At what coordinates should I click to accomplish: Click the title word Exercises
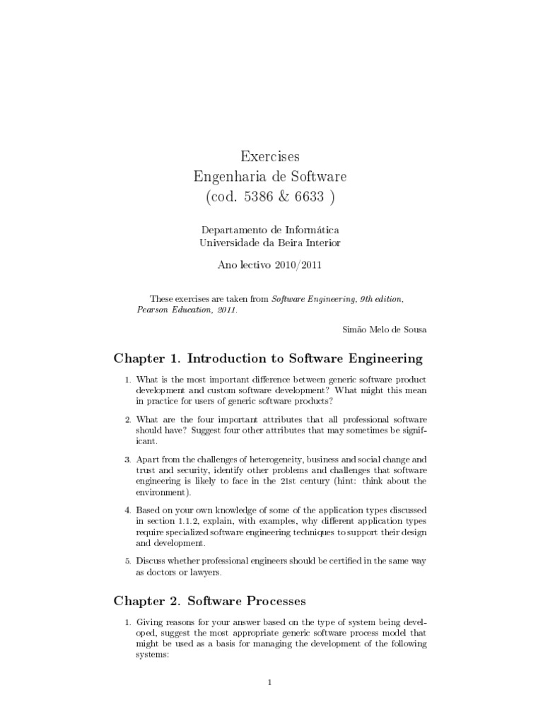click(x=271, y=156)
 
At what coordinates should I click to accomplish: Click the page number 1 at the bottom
click(x=271, y=682)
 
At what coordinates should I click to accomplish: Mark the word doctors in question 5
click(x=162, y=572)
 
